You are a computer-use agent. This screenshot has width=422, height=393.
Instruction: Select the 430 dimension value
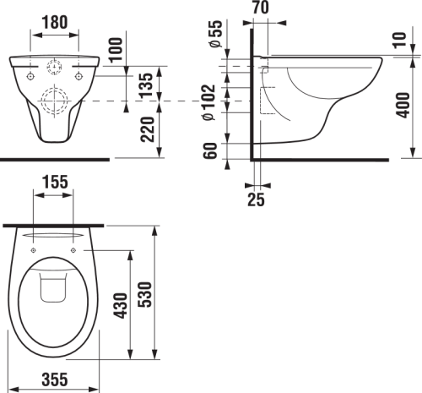coord(121,303)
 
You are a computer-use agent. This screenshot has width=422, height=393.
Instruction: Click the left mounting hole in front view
coord(31,76)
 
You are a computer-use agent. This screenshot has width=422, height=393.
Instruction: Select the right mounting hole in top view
coord(74,250)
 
